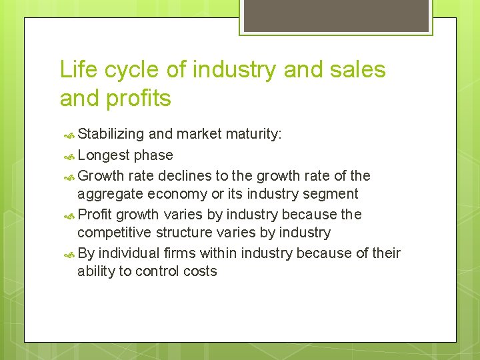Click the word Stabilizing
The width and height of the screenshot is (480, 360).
click(111, 134)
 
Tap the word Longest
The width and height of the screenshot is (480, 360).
click(103, 155)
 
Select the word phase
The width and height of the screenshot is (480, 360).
click(153, 155)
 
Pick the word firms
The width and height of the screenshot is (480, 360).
click(181, 253)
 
